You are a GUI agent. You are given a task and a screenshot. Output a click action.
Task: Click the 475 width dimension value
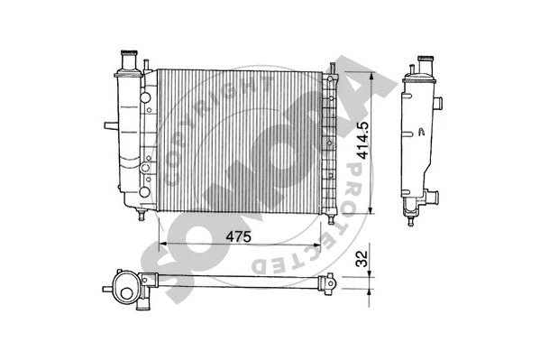click(238, 236)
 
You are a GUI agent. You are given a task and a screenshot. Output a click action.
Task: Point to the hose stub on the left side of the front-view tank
click(109, 125)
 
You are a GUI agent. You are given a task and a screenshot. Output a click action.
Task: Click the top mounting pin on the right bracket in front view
click(332, 69)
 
